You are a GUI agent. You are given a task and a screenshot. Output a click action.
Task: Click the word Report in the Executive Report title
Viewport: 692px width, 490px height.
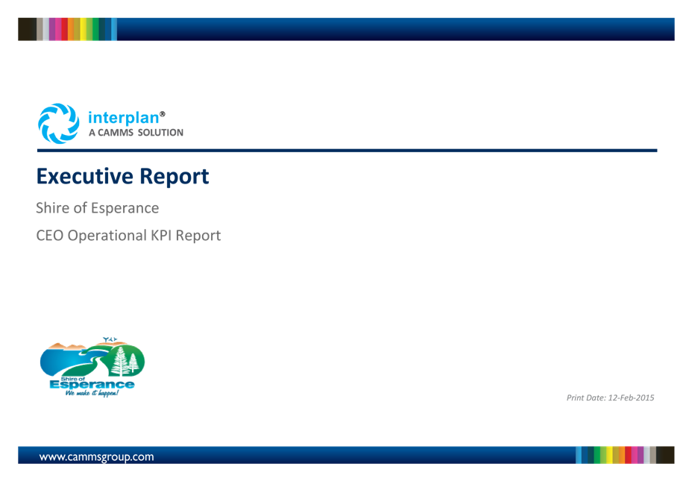[174, 177]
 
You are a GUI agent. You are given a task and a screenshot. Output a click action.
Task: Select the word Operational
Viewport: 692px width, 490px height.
[107, 236]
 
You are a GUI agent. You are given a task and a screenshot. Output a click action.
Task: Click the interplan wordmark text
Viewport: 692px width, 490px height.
[124, 118]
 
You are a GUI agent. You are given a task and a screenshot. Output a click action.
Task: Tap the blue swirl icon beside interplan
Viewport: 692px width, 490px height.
[59, 124]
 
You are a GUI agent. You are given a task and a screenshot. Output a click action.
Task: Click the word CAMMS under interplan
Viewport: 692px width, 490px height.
[115, 133]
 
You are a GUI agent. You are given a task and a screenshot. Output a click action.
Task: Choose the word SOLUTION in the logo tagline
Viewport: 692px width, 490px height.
[160, 133]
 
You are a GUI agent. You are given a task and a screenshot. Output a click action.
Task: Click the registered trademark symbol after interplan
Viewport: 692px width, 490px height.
[163, 114]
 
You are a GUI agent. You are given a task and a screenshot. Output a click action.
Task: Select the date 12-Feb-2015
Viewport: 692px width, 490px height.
[631, 398]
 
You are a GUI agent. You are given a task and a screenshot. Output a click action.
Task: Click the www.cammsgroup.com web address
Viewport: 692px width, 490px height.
[97, 457]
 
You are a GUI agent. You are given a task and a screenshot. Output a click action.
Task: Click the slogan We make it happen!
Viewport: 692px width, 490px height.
[92, 393]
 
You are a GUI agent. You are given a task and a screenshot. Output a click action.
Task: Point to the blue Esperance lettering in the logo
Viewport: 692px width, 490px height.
[92, 385]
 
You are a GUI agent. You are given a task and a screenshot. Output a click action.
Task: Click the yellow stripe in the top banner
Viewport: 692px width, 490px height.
[83, 29]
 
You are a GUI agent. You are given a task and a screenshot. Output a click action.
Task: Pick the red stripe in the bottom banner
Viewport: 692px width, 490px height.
[628, 455]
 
